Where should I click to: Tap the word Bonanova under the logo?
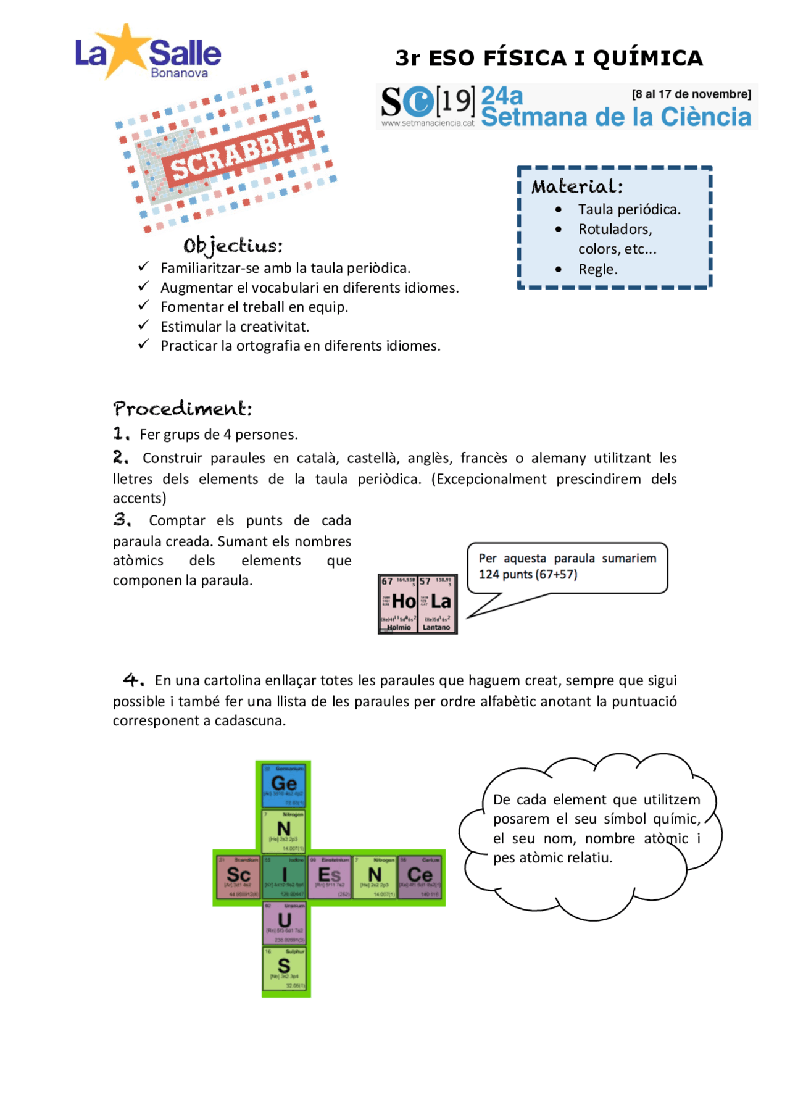click(179, 73)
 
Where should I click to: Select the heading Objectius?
click(233, 246)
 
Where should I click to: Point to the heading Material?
click(577, 186)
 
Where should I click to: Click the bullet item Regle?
click(597, 269)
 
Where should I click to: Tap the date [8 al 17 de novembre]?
click(691, 94)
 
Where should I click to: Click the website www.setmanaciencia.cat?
click(427, 123)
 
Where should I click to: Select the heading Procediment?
click(183, 409)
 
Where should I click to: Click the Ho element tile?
click(399, 603)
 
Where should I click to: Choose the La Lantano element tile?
click(437, 603)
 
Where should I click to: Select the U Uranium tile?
click(284, 922)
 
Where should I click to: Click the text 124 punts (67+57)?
click(528, 574)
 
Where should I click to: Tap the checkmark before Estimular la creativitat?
click(144, 325)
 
